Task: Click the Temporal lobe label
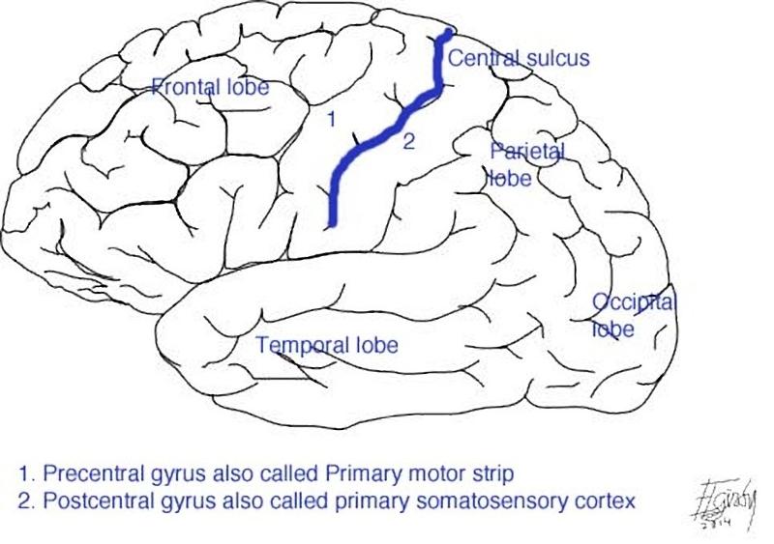click(327, 345)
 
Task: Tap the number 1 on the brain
click(331, 120)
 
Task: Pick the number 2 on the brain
click(408, 142)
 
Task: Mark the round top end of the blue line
click(447, 35)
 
